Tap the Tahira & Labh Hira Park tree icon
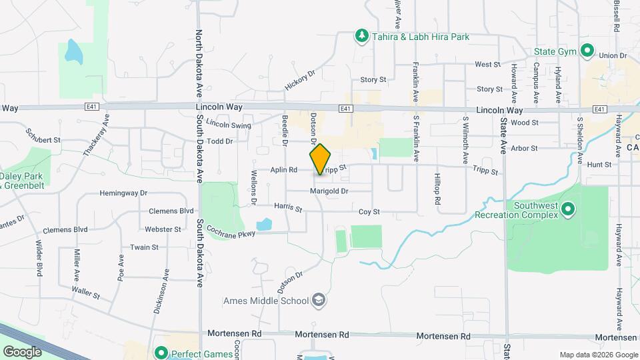(361, 35)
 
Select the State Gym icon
(587, 51)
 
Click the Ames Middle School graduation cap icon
(319, 300)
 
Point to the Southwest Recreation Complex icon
(568, 209)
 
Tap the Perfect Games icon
(161, 353)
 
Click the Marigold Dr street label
(329, 191)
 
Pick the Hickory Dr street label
(299, 81)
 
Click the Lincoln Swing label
(229, 125)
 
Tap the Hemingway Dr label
(123, 193)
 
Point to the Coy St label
(369, 212)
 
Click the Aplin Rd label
(283, 170)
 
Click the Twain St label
(144, 247)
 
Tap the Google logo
(22, 351)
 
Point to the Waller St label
(86, 292)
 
